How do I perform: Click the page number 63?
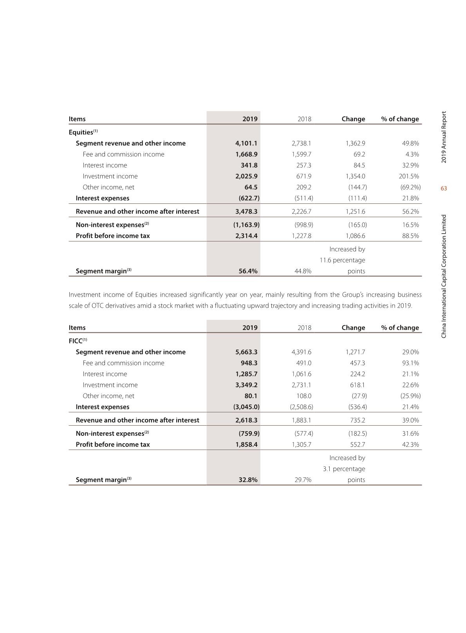[x=444, y=189]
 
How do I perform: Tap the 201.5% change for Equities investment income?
[x=409, y=176]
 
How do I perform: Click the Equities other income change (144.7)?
[x=358, y=187]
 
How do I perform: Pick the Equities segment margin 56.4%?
[x=248, y=271]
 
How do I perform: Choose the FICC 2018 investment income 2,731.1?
[x=302, y=385]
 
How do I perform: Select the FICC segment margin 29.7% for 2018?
[x=303, y=480]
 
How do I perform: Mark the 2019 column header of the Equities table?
[x=250, y=119]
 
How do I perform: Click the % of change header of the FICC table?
[x=400, y=328]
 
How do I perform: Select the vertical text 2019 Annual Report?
[x=444, y=137]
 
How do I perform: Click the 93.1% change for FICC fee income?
[x=410, y=363]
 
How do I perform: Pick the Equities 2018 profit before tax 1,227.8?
[x=302, y=236]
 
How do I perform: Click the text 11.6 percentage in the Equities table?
[x=342, y=260]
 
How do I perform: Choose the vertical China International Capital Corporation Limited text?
[x=444, y=276]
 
